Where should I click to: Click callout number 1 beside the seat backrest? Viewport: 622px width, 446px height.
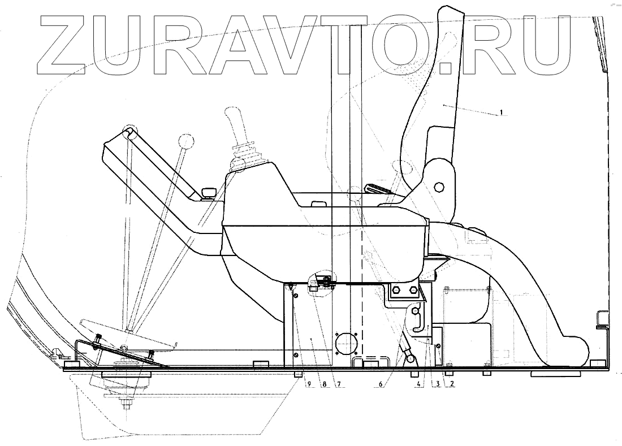pyautogui.click(x=500, y=113)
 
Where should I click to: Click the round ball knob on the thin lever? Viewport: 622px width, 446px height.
pyautogui.click(x=185, y=140)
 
